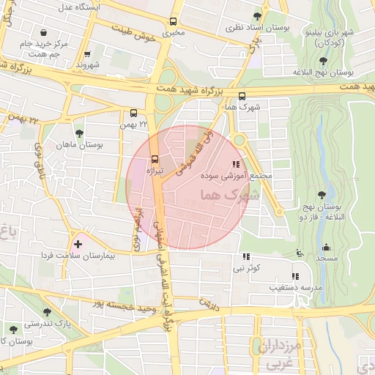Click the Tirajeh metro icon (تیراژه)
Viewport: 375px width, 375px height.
(x=155, y=159)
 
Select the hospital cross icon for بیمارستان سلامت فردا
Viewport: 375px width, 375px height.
(x=78, y=242)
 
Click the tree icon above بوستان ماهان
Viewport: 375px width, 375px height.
(x=79, y=133)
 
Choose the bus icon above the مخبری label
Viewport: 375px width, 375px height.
(x=174, y=21)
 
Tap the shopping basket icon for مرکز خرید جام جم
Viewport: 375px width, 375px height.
(x=45, y=33)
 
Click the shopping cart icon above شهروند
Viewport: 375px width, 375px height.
(x=87, y=53)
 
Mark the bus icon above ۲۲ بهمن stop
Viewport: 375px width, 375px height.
(x=133, y=114)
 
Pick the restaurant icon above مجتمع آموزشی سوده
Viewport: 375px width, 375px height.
(x=236, y=164)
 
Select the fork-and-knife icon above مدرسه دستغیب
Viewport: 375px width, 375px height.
(x=295, y=276)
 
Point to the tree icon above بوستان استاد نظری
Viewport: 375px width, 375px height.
(x=256, y=15)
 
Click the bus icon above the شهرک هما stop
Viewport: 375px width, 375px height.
(x=242, y=95)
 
